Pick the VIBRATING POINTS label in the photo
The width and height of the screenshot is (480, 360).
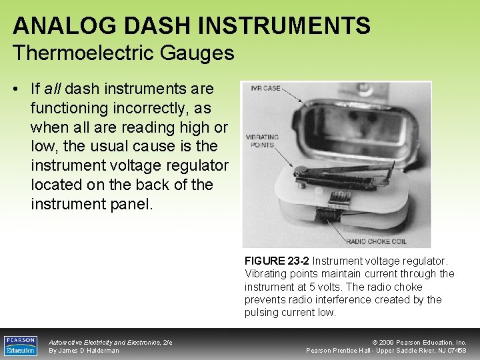[x=261, y=141]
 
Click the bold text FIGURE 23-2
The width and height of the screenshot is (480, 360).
[x=277, y=261]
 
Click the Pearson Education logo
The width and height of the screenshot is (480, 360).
[x=21, y=345]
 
